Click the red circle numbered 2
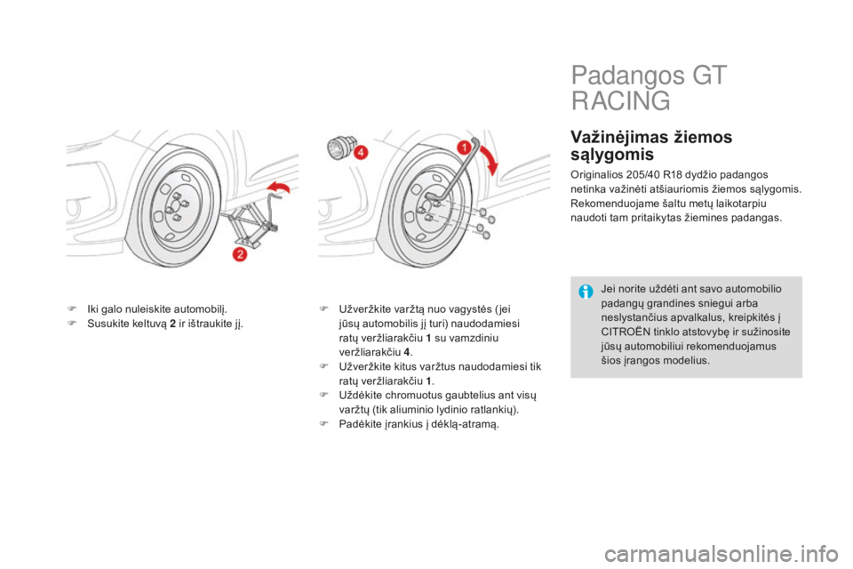coord(240,253)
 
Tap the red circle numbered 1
coord(464,147)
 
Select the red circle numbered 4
coord(361,153)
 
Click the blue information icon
coord(586,292)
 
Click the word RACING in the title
coord(621,100)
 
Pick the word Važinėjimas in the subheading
coord(619,137)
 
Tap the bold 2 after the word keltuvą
coord(172,324)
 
